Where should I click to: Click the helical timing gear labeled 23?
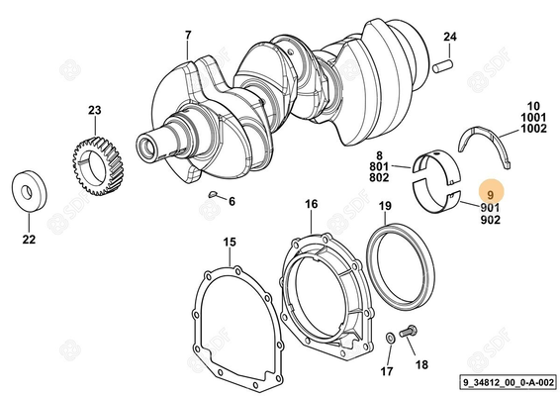point(96,166)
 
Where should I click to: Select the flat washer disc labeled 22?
point(30,191)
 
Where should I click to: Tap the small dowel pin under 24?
point(443,66)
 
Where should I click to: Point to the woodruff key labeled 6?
point(212,194)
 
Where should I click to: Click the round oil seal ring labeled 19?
point(400,271)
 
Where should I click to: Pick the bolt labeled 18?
point(409,331)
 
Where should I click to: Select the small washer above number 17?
point(390,337)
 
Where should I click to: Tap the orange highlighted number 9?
point(491,195)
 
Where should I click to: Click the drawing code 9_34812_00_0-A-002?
point(508,382)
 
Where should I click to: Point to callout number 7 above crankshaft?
point(188,36)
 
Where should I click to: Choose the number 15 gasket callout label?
point(230,242)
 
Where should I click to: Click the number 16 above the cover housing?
point(311,204)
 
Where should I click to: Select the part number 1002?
point(533,129)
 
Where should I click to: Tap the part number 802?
point(379,177)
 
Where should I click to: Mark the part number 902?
point(491,220)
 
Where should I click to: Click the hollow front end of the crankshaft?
point(146,146)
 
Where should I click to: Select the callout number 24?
point(450,37)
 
